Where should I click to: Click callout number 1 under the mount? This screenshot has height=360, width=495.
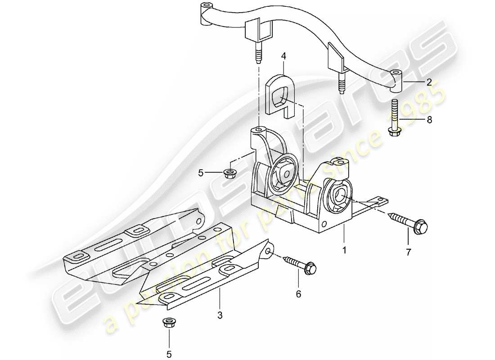point(344,248)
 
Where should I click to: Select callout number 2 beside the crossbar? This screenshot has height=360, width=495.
point(429,82)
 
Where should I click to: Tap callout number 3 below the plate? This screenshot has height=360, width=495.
point(220,315)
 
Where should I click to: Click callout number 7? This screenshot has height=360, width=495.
point(409,252)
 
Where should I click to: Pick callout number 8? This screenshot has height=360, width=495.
point(429,120)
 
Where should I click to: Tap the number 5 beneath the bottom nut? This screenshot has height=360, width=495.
point(169,355)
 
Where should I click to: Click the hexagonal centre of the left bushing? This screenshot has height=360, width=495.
point(284,171)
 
